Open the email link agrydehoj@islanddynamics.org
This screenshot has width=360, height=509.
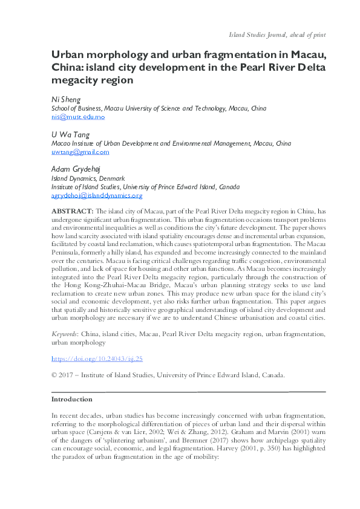tap(97, 195)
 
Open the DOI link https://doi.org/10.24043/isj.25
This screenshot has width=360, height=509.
tap(97, 358)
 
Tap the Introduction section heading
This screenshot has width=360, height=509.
tap(71, 399)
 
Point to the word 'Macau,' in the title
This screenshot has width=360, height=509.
tap(303, 53)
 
